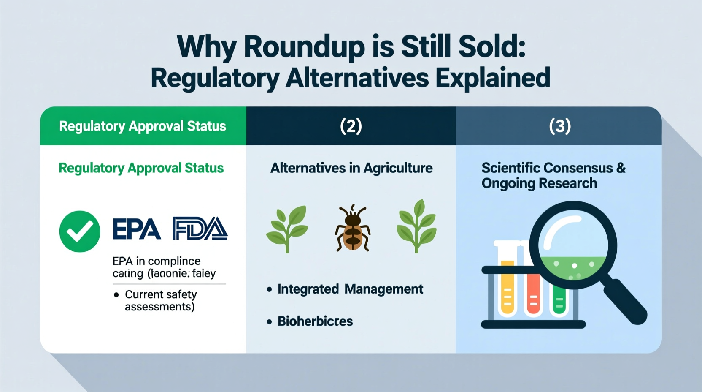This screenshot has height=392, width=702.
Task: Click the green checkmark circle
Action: pyautogui.click(x=80, y=231)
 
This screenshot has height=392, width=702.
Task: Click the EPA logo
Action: pyautogui.click(x=136, y=229)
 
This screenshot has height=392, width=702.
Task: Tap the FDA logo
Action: pyautogui.click(x=200, y=229)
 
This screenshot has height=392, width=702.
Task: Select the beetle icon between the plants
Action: pyautogui.click(x=353, y=229)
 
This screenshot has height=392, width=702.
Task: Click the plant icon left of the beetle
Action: pyautogui.click(x=287, y=229)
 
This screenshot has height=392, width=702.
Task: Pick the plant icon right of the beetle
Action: pyautogui.click(x=416, y=226)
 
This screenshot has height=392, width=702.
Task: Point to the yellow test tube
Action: pyautogui.click(x=508, y=287)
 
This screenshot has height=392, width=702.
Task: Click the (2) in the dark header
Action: pyautogui.click(x=351, y=126)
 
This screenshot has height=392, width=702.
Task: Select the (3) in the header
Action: pyautogui.click(x=560, y=126)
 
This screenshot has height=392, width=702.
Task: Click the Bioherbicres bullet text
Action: pyautogui.click(x=315, y=321)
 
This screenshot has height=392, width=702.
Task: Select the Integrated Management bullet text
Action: pyautogui.click(x=350, y=289)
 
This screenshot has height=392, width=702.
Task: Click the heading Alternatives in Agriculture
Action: pyautogui.click(x=351, y=168)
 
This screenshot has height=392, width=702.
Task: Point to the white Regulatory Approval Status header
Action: pyautogui.click(x=143, y=126)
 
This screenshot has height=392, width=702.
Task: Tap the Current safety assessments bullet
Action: pyautogui.click(x=160, y=300)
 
